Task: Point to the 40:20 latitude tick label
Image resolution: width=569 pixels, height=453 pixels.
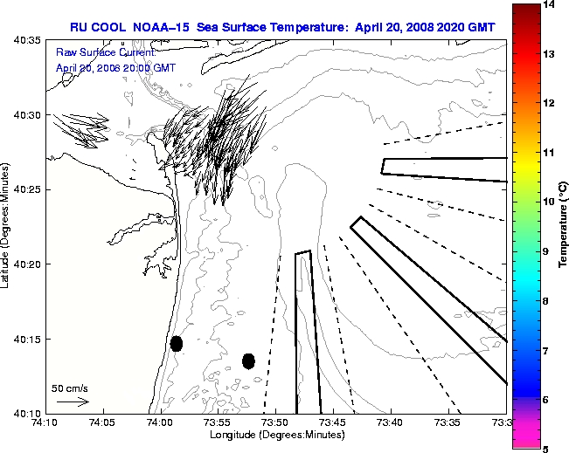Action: point(26,264)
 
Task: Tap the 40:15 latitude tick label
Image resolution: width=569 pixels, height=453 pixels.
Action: point(26,339)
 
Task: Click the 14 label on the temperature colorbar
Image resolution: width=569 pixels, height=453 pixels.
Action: point(548,5)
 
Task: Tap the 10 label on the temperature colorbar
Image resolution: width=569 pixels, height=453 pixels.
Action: point(548,202)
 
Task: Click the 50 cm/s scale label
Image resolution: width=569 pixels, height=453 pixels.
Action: point(70,388)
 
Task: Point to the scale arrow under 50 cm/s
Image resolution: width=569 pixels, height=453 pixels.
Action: point(73,402)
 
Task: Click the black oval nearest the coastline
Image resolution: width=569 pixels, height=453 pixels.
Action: point(177,343)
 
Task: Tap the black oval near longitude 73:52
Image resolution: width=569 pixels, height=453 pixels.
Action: point(248,360)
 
